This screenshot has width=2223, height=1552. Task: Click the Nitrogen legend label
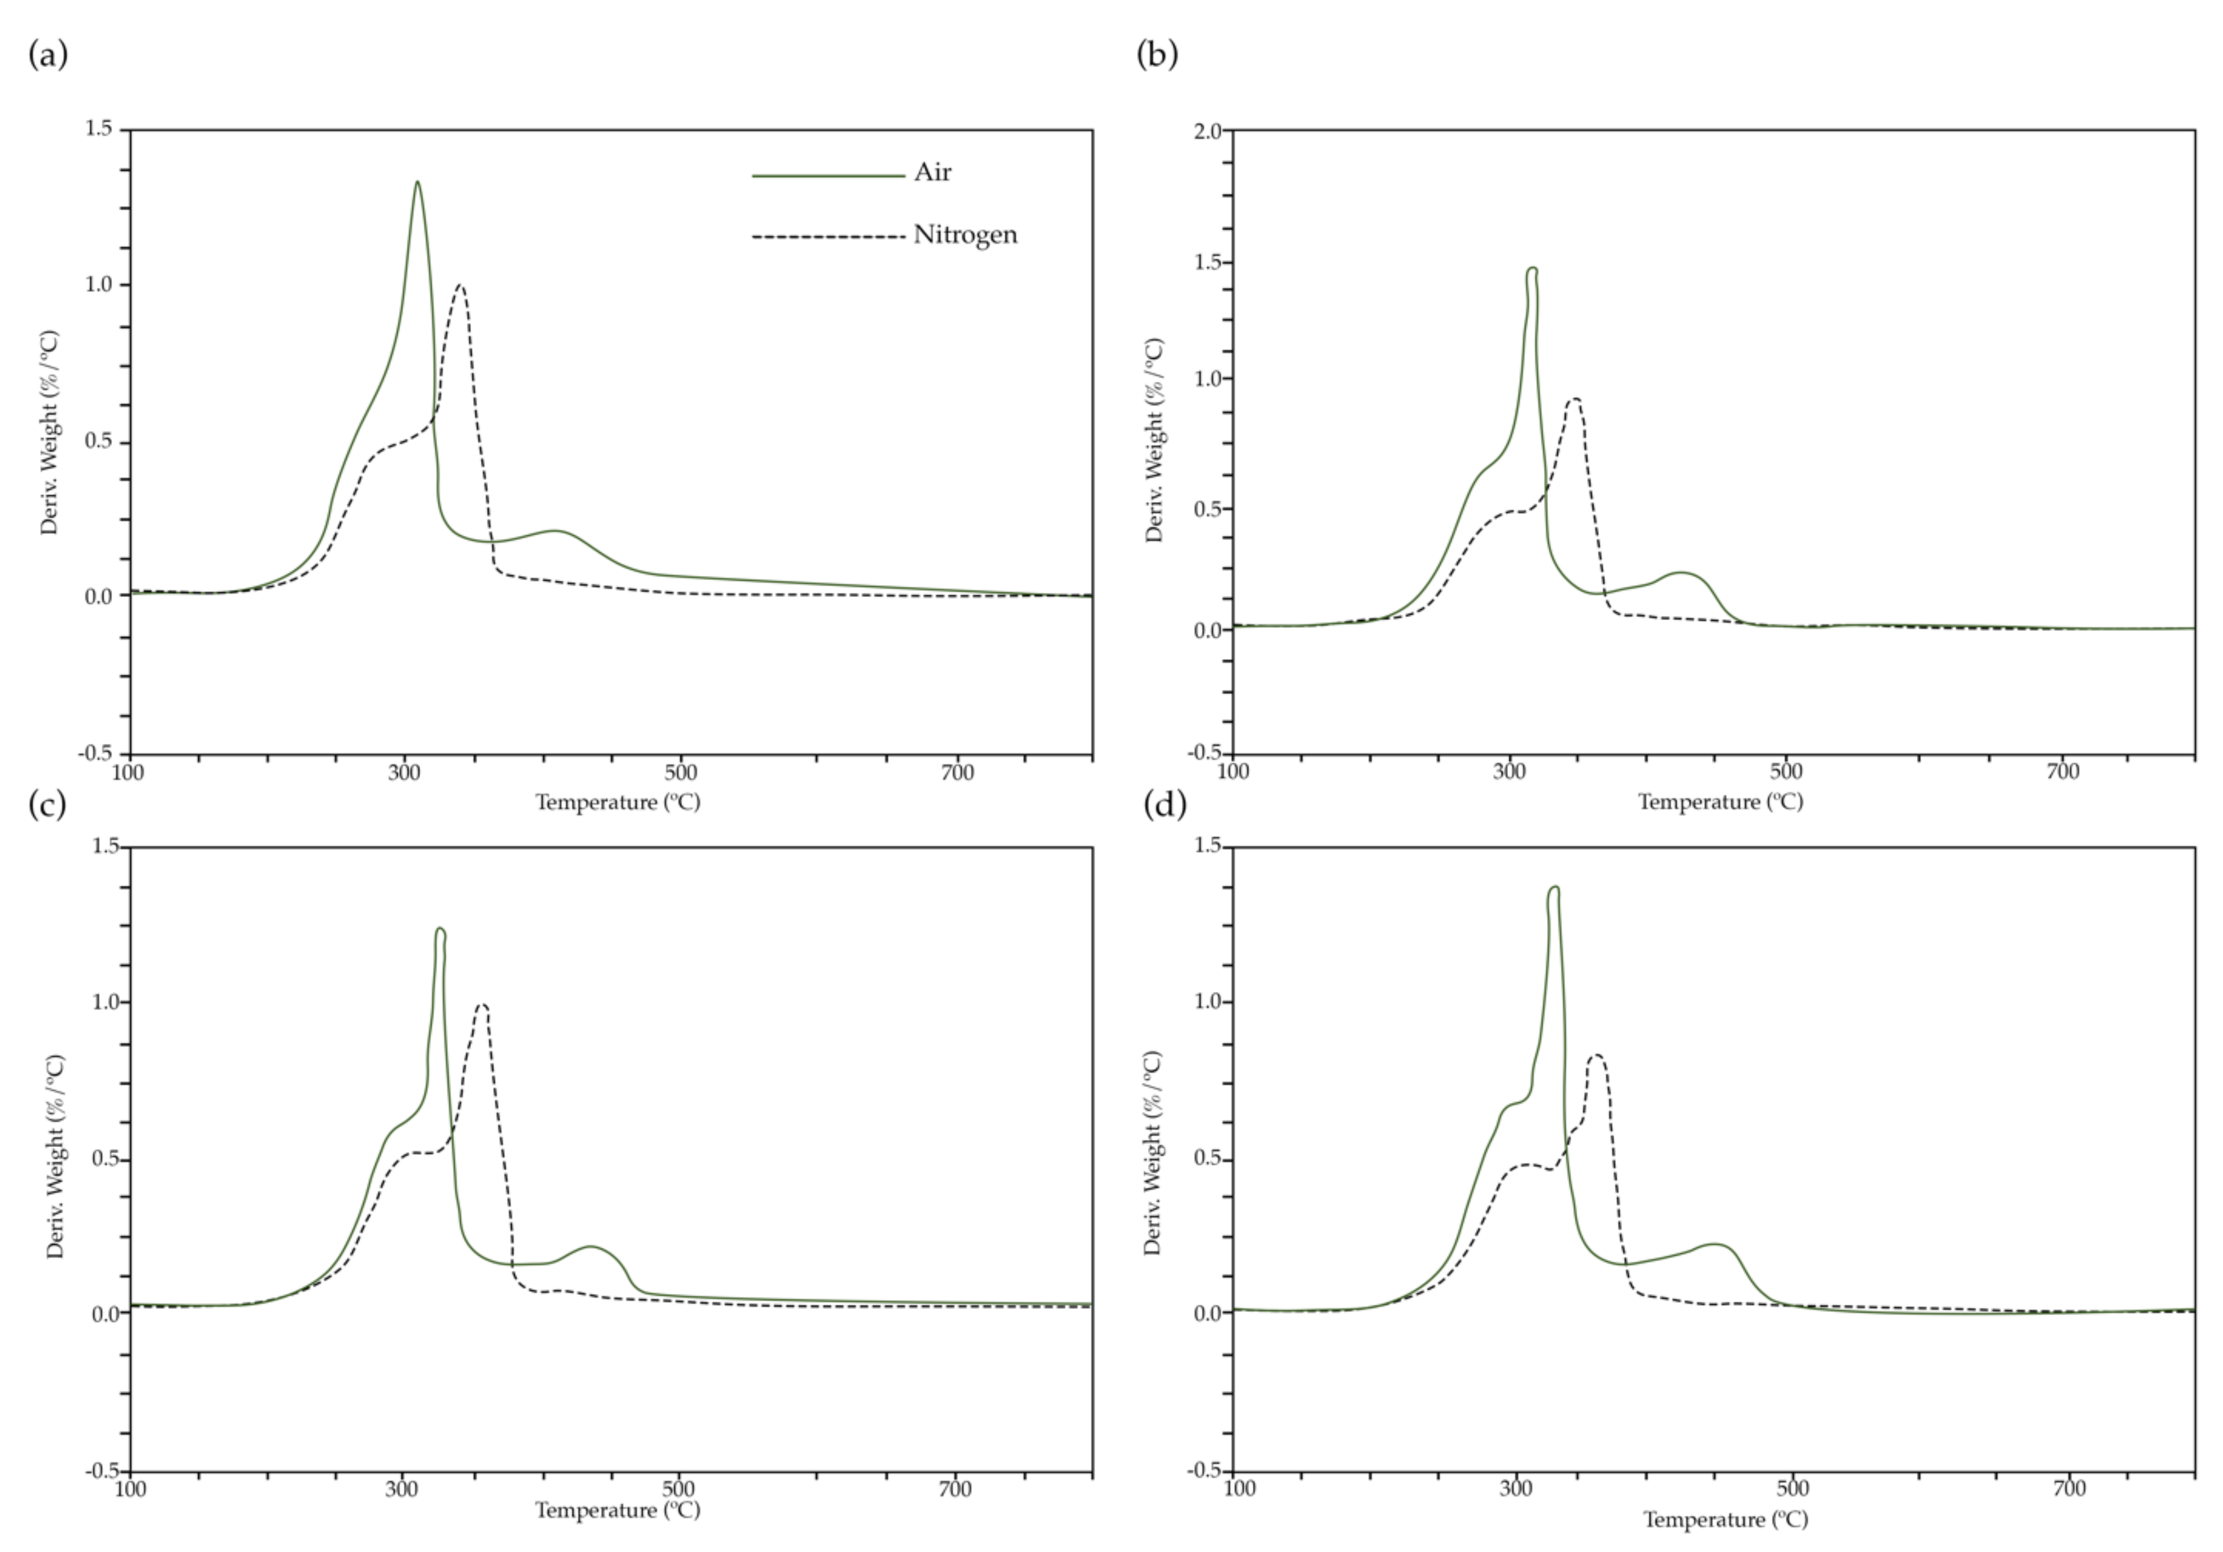click(x=965, y=236)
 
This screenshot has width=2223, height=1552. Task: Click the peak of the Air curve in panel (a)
click(x=417, y=182)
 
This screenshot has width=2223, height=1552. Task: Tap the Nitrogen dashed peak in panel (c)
click(x=482, y=1005)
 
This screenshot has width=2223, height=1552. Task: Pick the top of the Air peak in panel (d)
click(x=1554, y=888)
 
